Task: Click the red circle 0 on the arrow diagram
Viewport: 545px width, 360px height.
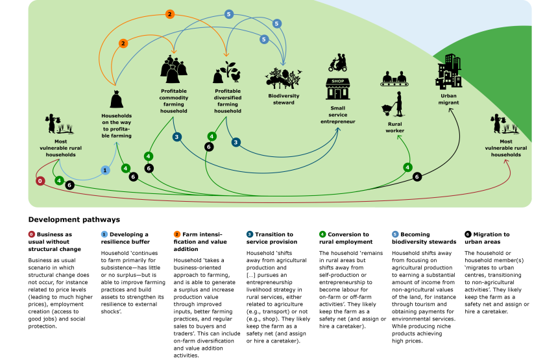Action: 40,181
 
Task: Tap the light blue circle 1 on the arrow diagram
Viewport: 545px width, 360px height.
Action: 105,170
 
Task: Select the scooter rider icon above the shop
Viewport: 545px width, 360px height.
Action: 337,63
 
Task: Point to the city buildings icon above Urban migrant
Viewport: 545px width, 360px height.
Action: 449,71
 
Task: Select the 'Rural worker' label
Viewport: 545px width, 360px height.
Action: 394,126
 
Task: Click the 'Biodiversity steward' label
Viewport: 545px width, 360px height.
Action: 284,99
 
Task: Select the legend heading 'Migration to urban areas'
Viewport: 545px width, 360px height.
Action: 490,238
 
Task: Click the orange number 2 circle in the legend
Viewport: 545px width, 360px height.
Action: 177,234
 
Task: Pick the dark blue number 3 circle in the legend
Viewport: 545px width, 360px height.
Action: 250,234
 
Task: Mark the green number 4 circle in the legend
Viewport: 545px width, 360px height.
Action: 322,234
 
